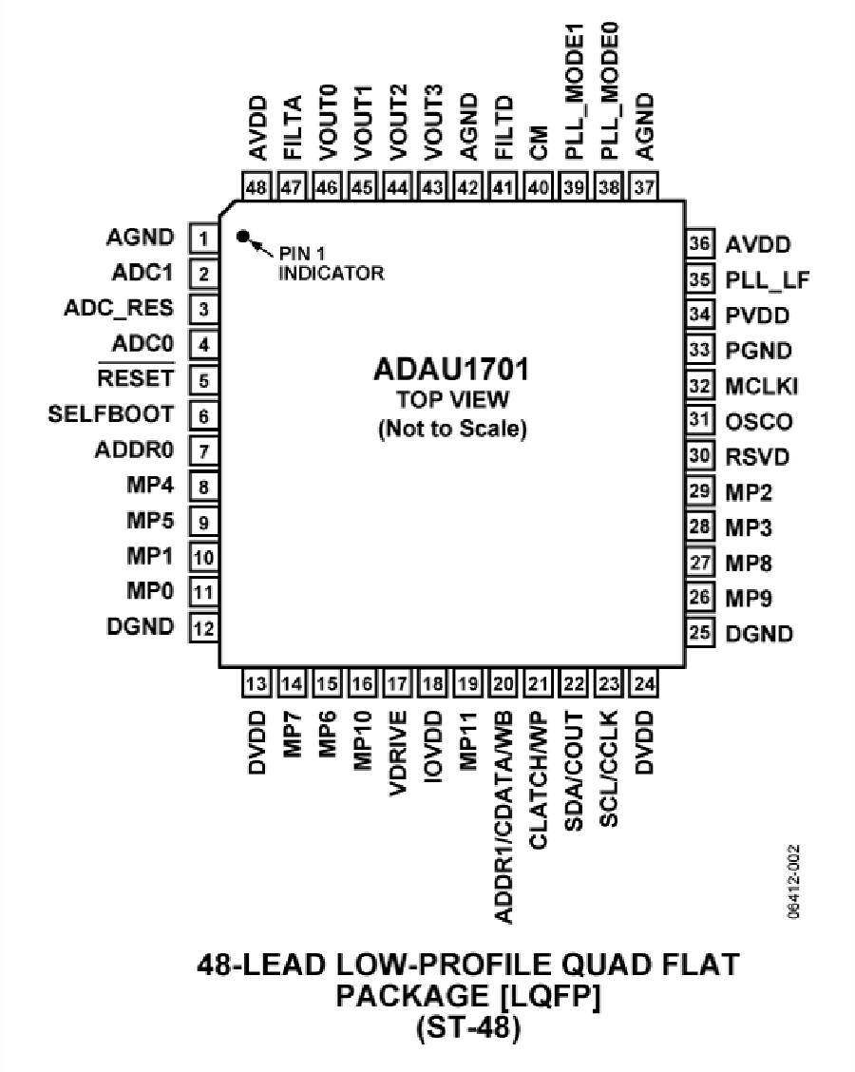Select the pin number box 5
tap(203, 379)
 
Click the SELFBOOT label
tap(112, 414)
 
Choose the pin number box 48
tap(256, 187)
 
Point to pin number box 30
tap(700, 456)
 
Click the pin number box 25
tap(700, 633)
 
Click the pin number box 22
tap(573, 683)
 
